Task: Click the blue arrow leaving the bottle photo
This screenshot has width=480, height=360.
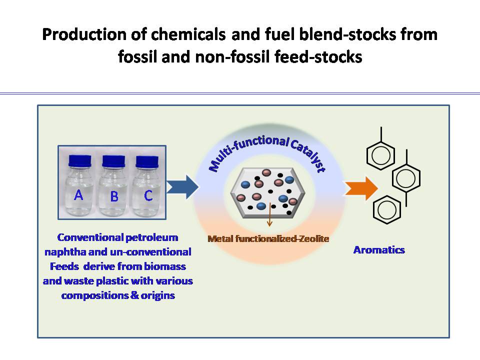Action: pos(182,187)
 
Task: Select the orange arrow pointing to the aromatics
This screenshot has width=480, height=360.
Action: pos(361,188)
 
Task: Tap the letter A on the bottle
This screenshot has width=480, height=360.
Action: pos(78,194)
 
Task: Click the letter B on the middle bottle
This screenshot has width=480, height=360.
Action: pos(114,196)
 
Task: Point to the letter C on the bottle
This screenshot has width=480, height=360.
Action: pos(148,195)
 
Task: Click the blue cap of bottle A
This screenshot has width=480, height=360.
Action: pos(80,161)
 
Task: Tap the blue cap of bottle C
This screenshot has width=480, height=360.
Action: pos(147,162)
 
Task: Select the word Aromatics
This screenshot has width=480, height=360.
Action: pos(379,250)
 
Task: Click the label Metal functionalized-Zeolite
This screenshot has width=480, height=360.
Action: pos(268,239)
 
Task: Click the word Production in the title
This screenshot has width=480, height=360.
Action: pos(84,34)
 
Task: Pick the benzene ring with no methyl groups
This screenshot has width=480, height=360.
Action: pos(387,210)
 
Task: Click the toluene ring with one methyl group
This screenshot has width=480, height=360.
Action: pos(381,149)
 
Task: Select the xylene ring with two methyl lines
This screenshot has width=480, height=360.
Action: pos(406,178)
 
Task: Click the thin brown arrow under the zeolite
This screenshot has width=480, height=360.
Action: pos(269,214)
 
